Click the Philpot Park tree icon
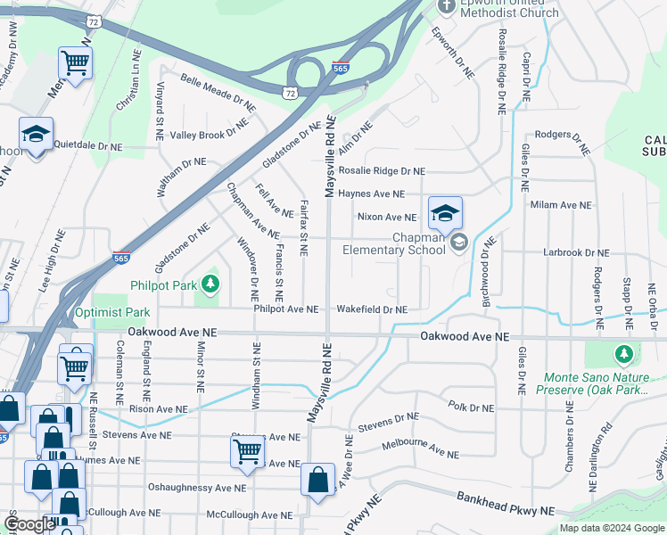coord(210,285)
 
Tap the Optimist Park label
coord(112,313)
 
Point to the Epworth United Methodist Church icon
coord(448,5)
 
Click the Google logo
coord(29,524)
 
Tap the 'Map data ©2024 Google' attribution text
coord(612,528)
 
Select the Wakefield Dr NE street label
coord(372,309)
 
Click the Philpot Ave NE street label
coord(286,309)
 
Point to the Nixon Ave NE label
coord(386,217)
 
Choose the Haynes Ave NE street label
coord(372,193)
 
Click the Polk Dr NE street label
coord(471,407)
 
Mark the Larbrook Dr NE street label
coord(577,253)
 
